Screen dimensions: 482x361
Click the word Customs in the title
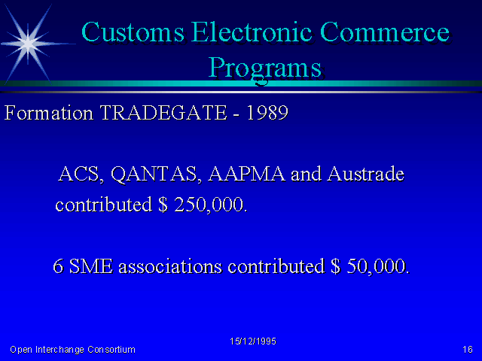[x=133, y=32]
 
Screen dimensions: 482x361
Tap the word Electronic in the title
[x=252, y=32]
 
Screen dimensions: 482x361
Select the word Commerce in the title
[x=385, y=32]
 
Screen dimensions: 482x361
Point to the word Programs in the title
[x=265, y=69]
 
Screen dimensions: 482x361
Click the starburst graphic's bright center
[x=28, y=44]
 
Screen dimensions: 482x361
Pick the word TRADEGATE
[x=163, y=112]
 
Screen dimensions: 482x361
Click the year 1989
[x=267, y=112]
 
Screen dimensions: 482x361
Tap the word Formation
[x=48, y=113]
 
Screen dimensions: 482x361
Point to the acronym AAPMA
[x=246, y=174]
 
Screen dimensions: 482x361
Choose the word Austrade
[x=365, y=174]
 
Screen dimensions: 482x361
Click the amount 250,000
[x=210, y=205]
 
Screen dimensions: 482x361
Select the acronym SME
[x=91, y=265]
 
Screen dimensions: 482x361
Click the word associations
[x=170, y=265]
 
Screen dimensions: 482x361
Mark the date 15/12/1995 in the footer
[x=253, y=341]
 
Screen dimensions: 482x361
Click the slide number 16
[x=468, y=349]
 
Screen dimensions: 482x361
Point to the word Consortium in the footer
[x=111, y=350]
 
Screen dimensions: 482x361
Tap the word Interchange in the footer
[x=59, y=350]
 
